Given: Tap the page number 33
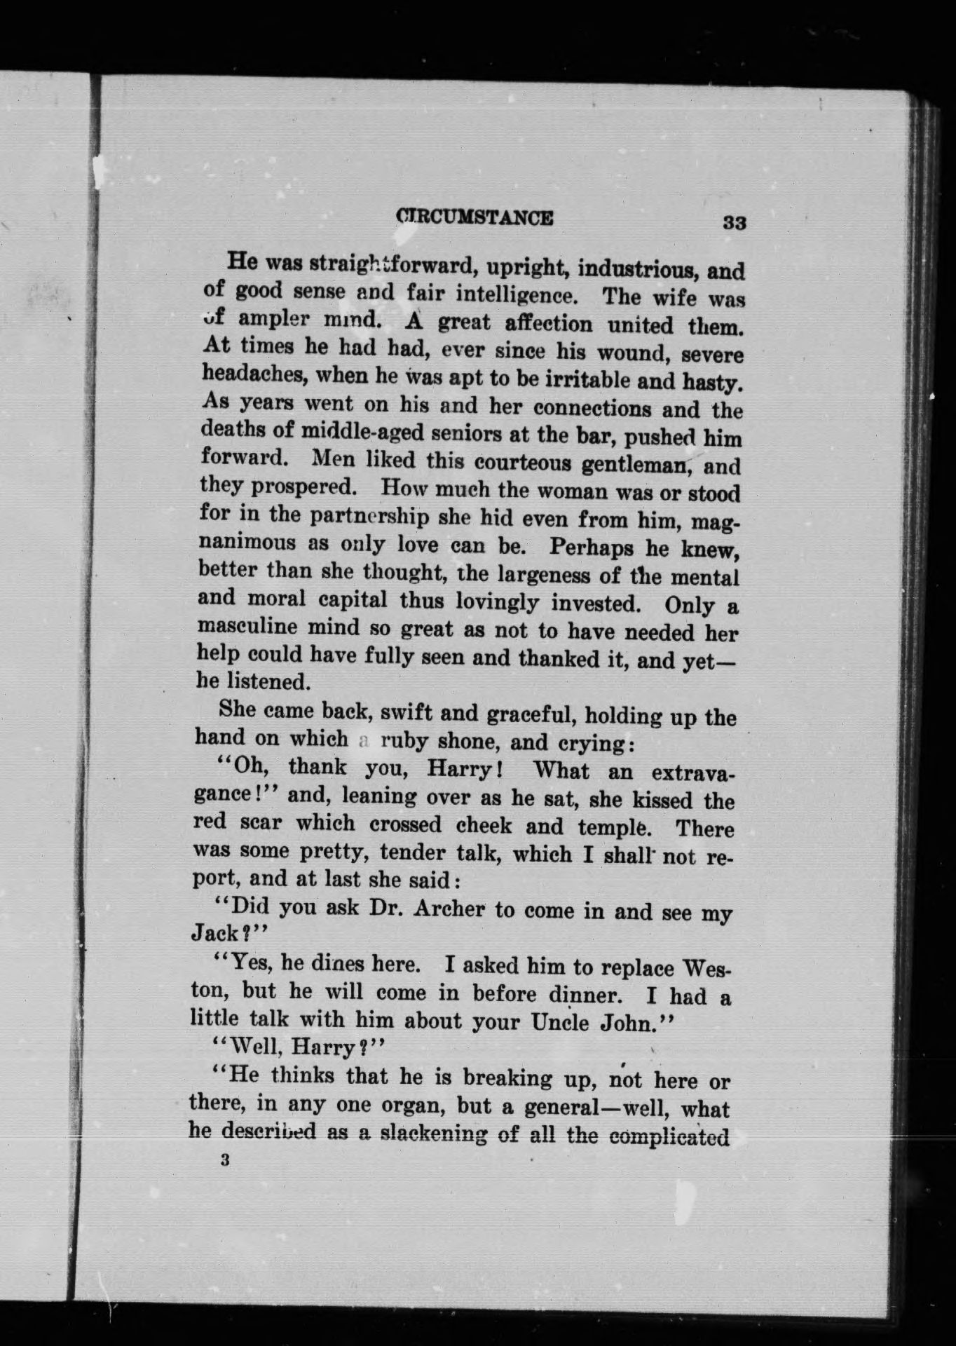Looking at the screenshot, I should [735, 223].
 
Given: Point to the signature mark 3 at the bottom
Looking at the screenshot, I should [224, 1160].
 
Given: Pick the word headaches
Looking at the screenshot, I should [253, 375].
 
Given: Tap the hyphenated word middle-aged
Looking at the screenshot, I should [362, 433].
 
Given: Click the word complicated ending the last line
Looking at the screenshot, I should [669, 1136].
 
